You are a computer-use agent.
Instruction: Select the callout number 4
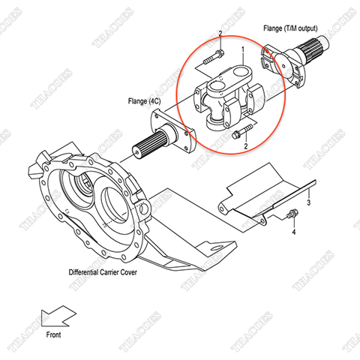point(293,232)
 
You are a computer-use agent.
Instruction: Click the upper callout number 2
point(220,34)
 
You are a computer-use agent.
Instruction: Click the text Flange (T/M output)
point(291,28)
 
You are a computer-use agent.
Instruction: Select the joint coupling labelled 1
point(229,97)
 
